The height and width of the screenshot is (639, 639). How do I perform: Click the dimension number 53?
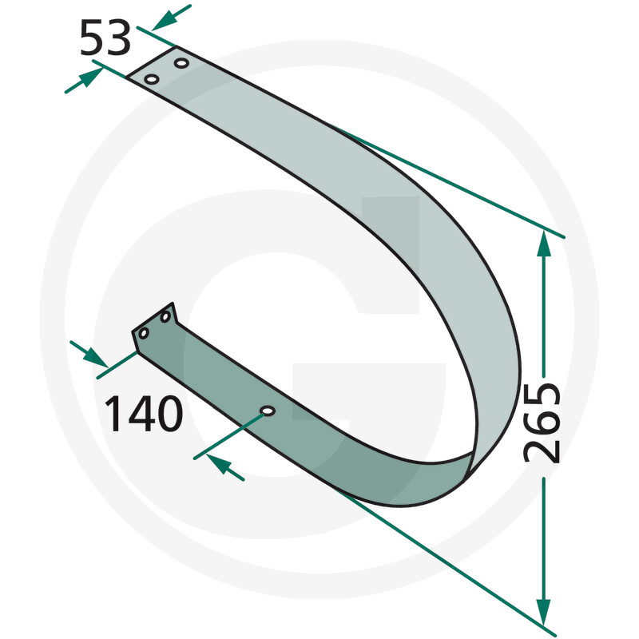click(x=105, y=38)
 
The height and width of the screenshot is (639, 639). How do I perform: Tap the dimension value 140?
click(x=144, y=414)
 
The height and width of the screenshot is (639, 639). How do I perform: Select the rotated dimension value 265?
click(x=542, y=423)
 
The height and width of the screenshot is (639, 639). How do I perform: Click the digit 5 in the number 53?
click(x=92, y=38)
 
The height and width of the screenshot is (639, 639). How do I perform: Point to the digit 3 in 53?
click(x=118, y=38)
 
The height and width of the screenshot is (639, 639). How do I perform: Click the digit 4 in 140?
click(x=138, y=414)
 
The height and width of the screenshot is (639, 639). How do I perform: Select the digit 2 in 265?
click(x=542, y=451)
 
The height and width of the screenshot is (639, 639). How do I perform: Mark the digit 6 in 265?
click(x=542, y=424)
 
